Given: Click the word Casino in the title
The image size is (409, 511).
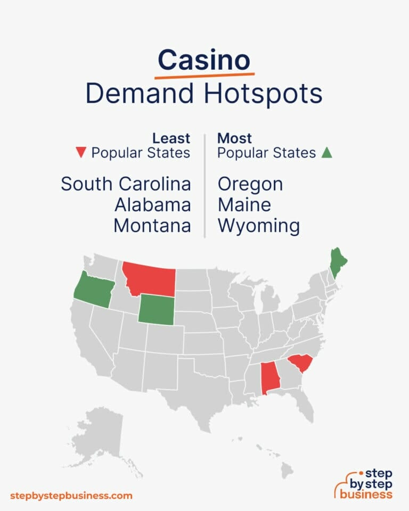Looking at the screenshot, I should pyautogui.click(x=204, y=60).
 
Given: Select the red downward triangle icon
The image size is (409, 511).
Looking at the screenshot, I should pyautogui.click(x=81, y=153).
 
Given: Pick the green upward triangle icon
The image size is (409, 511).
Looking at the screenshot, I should pyautogui.click(x=327, y=153).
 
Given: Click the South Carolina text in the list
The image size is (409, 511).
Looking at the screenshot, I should pyautogui.click(x=126, y=184).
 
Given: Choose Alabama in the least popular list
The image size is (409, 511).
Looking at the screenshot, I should pyautogui.click(x=152, y=205).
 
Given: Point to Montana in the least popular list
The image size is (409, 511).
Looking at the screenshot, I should pyautogui.click(x=152, y=226).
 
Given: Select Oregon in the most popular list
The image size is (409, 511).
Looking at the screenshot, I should pyautogui.click(x=250, y=184).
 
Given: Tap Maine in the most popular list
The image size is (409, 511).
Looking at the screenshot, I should pyautogui.click(x=244, y=205).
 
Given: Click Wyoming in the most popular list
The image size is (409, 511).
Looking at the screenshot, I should pyautogui.click(x=259, y=226).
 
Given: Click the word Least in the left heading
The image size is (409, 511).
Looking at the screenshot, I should pyautogui.click(x=171, y=138).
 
